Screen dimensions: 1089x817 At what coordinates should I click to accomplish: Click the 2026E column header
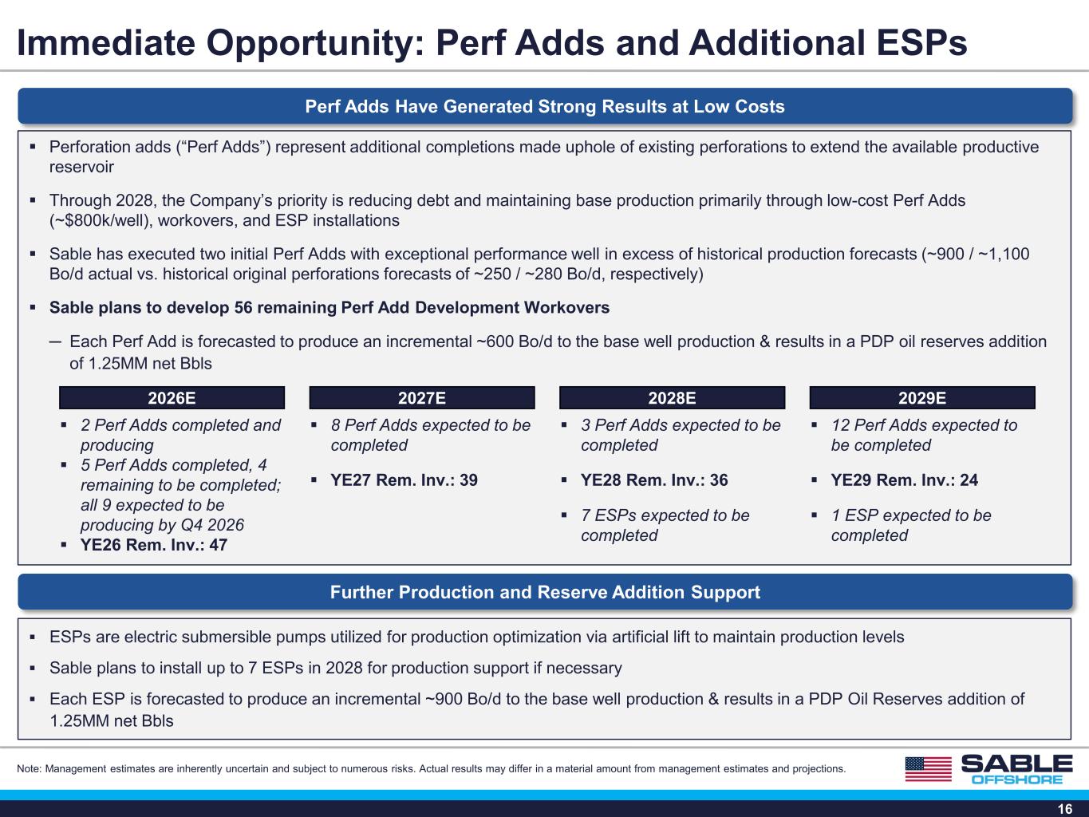172,398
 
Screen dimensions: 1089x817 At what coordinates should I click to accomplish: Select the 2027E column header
422,398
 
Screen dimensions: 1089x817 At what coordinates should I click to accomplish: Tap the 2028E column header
672,398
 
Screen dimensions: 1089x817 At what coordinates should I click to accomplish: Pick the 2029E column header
922,398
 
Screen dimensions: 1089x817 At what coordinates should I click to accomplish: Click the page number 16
1065,809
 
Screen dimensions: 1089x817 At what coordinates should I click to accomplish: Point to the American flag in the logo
929,769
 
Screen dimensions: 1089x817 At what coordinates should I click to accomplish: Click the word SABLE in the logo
1017,764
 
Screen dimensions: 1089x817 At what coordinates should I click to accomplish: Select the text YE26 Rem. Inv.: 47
154,545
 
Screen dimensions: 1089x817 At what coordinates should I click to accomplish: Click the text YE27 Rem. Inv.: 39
404,480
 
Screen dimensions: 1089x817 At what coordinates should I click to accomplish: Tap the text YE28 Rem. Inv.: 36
654,480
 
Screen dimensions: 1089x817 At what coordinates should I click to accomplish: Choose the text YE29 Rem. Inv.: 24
905,480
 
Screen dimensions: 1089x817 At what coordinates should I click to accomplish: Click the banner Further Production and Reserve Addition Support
545,592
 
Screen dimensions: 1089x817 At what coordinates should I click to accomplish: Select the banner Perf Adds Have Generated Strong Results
545,106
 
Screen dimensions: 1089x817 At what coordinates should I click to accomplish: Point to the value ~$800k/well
101,220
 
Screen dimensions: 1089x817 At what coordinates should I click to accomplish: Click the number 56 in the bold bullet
243,307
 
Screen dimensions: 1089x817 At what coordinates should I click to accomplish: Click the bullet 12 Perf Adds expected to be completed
924,435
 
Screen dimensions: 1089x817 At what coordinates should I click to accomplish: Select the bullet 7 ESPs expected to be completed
665,525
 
